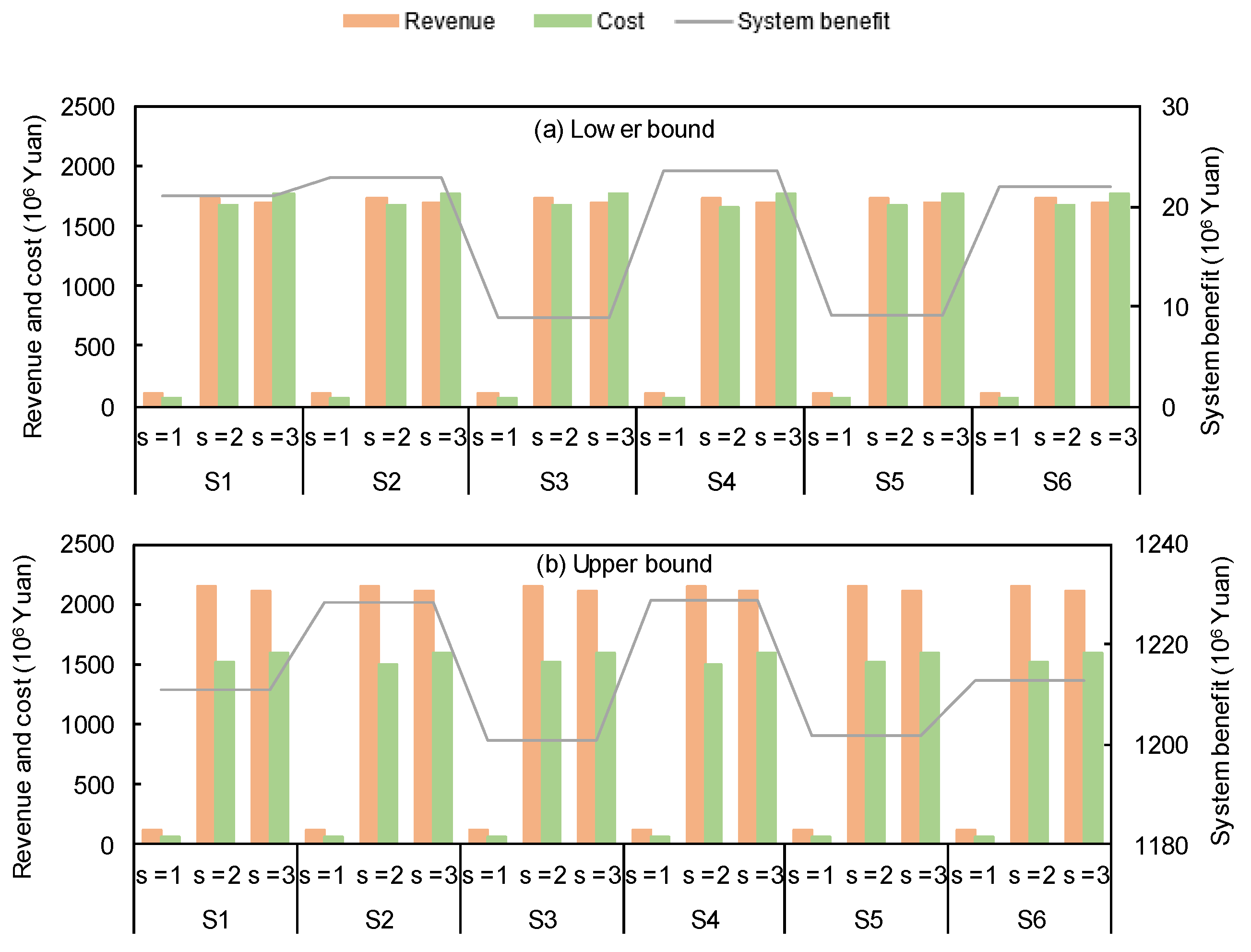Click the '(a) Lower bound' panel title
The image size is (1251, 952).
[x=624, y=130]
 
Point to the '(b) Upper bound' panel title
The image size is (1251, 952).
[x=624, y=564]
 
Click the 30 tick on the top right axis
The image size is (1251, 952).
[x=1175, y=107]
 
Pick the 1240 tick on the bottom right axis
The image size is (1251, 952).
[x=1161, y=545]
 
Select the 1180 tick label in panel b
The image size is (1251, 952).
[x=1161, y=846]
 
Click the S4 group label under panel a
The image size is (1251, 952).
[x=721, y=482]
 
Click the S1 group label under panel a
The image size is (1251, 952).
[x=219, y=482]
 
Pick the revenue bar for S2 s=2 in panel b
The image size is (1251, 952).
[x=369, y=714]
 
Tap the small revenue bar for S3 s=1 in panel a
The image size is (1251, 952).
[x=487, y=399]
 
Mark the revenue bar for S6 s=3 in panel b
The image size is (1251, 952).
[x=1075, y=716]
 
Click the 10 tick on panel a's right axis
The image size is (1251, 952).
[x=1175, y=308]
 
